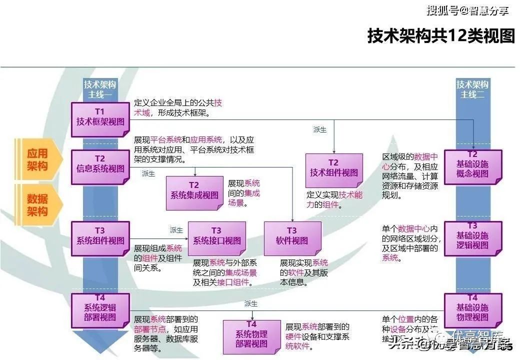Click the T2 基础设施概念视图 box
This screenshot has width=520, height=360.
pyautogui.click(x=472, y=167)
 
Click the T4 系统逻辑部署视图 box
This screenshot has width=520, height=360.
pyautogui.click(x=100, y=310)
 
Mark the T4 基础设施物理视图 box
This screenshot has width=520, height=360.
pyautogui.click(x=472, y=310)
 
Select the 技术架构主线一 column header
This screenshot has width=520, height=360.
pyautogui.click(x=100, y=89)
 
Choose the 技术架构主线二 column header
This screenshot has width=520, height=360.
pyautogui.click(x=472, y=89)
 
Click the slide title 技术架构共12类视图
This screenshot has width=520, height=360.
pyautogui.click(x=441, y=36)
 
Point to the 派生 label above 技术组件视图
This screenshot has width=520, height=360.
pyautogui.click(x=319, y=129)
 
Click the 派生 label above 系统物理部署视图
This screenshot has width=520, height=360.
pyautogui.click(x=250, y=303)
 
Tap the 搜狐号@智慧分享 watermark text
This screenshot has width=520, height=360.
pyautogui.click(x=467, y=9)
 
